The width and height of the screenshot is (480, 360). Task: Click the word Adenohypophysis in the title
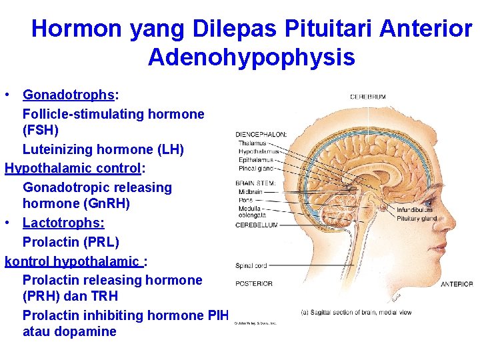click(x=251, y=57)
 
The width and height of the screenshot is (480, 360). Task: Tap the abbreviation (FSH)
click(x=41, y=130)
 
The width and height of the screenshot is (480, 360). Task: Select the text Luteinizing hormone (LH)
click(x=103, y=149)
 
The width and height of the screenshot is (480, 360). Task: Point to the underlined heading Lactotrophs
click(x=63, y=223)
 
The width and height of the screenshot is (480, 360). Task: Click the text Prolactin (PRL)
click(x=71, y=241)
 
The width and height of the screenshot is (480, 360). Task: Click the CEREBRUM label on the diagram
click(x=368, y=97)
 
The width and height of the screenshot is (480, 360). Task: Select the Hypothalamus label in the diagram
click(x=259, y=151)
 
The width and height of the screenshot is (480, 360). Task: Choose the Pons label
click(x=245, y=199)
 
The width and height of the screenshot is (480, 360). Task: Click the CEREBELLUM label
click(x=257, y=225)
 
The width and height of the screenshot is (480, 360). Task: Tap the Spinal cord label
click(x=251, y=266)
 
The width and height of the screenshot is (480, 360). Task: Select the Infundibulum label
click(x=415, y=210)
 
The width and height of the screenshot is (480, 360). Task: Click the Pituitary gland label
click(x=416, y=218)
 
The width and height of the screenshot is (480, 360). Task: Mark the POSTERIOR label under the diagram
click(x=254, y=284)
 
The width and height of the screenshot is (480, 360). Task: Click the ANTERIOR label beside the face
click(x=457, y=284)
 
